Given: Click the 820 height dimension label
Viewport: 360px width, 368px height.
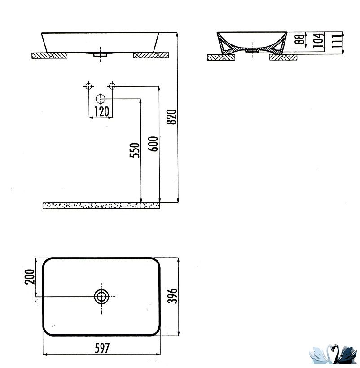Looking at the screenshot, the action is click(x=171, y=117).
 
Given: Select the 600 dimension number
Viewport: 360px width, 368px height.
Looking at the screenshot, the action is click(x=153, y=144).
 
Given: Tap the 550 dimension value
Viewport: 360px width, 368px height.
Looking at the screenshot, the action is click(x=135, y=150).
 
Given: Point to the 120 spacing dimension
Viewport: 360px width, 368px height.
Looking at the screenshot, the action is click(x=101, y=111).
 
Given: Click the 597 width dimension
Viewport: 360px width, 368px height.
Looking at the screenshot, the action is click(x=102, y=348).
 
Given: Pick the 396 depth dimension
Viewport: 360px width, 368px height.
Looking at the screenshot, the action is click(x=172, y=296).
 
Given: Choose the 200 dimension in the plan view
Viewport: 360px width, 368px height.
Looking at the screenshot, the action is click(x=30, y=277).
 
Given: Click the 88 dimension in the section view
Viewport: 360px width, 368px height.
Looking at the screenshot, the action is click(x=300, y=39).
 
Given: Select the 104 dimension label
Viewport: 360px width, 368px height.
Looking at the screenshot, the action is click(x=318, y=40).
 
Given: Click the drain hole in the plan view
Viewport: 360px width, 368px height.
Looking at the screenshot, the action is click(x=101, y=297).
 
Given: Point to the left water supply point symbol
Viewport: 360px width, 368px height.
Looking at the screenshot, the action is click(x=88, y=86).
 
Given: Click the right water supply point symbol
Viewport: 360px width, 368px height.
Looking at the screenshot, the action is click(x=112, y=86).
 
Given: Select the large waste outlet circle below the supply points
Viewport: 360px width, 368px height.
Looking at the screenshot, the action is click(x=101, y=99).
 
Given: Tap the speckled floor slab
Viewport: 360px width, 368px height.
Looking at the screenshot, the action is click(x=101, y=206).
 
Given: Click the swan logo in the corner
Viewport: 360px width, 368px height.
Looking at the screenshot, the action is click(x=333, y=354).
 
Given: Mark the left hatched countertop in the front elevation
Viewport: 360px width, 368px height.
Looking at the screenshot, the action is click(x=49, y=55).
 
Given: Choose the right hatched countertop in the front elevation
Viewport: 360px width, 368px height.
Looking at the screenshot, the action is click(x=151, y=55).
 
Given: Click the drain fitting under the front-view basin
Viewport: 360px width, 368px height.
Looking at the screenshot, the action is click(x=100, y=55).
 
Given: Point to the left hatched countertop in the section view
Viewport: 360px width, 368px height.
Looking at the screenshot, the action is click(x=221, y=57).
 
